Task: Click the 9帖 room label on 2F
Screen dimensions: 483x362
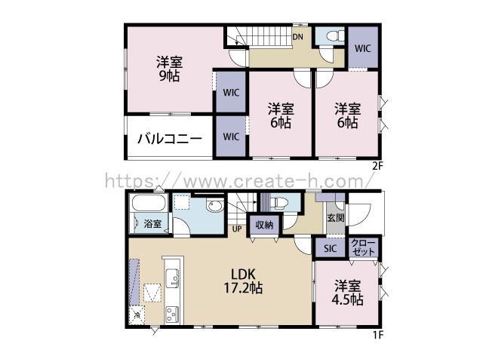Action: point(169,69)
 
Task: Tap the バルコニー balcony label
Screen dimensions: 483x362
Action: point(170,139)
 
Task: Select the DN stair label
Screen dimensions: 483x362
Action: point(298,37)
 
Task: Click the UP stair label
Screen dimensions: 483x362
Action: point(237,229)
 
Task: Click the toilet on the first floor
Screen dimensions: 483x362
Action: point(279,203)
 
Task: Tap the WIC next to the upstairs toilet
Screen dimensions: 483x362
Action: point(362,48)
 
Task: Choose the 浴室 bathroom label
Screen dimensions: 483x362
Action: point(152,223)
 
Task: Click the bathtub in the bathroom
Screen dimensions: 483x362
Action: point(149,203)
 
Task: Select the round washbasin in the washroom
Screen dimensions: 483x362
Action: point(215,206)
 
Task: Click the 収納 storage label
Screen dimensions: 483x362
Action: point(264,225)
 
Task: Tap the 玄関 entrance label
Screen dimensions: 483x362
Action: point(335,218)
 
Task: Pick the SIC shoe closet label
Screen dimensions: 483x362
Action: point(331,248)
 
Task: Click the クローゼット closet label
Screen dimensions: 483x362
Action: point(364,247)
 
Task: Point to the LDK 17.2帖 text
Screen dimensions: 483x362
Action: point(243,281)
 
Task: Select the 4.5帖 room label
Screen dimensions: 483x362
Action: point(347,293)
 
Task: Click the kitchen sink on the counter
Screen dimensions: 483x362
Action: point(172,278)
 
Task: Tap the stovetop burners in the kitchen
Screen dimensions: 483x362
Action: point(172,314)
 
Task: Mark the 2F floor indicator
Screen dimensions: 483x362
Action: point(378,167)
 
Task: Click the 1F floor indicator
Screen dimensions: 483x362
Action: point(379,335)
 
